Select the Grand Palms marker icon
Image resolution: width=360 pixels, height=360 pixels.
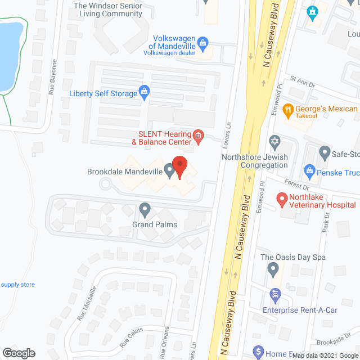coord(145,210)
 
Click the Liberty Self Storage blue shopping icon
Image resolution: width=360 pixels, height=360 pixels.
coord(144,93)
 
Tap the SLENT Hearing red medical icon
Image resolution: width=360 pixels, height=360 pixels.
coord(198,136)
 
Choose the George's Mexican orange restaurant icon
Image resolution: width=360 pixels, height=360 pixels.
coord(287,110)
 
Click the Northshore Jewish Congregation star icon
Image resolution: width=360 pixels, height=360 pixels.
coord(274,141)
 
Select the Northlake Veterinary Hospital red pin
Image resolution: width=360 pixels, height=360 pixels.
coord(281,199)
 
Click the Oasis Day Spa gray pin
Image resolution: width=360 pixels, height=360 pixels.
coord(274,269)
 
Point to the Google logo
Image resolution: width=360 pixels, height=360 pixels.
coord(18,353)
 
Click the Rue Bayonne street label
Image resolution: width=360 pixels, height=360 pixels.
coord(54,76)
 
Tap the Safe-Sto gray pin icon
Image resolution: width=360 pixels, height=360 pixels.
coord(325,152)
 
